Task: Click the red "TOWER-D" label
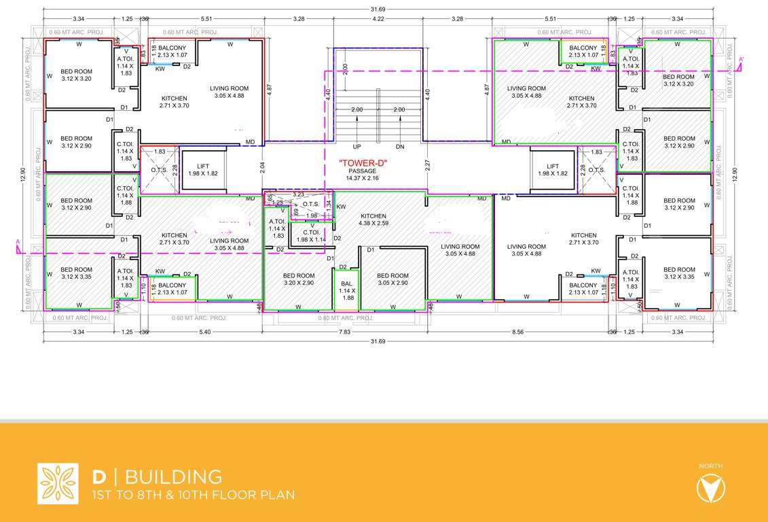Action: coord(363,162)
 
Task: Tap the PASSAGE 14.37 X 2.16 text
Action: coord(363,174)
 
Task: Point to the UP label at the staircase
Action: coord(356,147)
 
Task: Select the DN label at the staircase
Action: coord(399,147)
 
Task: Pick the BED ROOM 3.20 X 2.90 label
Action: coord(299,279)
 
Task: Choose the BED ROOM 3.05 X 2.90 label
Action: coord(392,279)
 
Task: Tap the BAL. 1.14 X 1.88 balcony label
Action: coord(348,290)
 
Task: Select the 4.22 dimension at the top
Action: coord(378,19)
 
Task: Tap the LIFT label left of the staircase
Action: coord(203,170)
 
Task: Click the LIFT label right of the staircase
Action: coord(553,170)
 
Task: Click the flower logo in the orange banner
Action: coord(58,483)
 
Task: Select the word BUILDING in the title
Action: coord(173,476)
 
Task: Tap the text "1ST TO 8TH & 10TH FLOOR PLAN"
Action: coord(194,495)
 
